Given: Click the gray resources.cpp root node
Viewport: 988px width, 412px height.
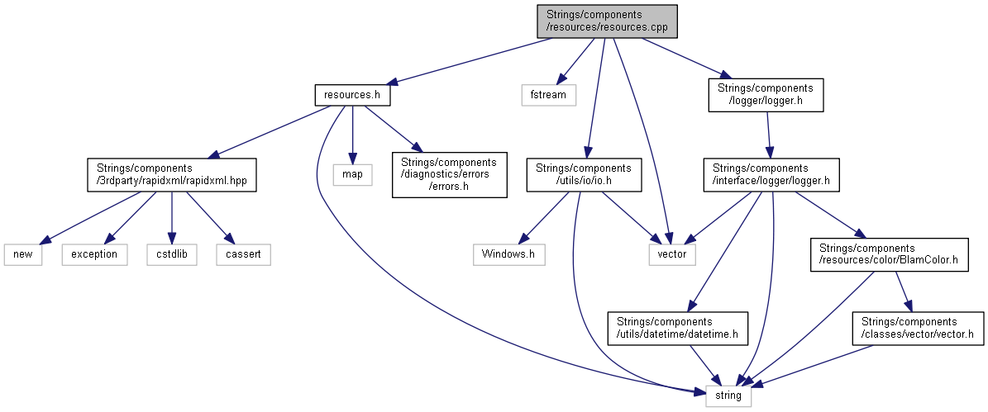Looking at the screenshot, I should coord(607,21).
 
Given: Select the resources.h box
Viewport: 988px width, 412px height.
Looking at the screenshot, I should coord(351,94).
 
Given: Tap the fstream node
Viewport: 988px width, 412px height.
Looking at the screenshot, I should coord(548,94).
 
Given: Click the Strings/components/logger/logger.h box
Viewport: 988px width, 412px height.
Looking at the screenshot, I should coord(766,95).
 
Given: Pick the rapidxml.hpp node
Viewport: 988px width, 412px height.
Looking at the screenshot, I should coord(171,174).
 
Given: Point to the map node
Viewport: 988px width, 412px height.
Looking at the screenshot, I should coord(353,174).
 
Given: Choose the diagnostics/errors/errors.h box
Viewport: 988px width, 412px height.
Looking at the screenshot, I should coord(449,174).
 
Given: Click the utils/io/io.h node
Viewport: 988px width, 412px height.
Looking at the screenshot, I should coord(584,174).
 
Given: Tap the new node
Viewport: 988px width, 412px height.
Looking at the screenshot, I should coord(23,254).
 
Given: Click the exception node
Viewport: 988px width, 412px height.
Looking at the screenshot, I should coord(94,254).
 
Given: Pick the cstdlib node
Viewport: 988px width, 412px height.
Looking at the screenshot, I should coord(171,254).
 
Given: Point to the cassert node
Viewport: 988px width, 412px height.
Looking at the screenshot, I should coord(243,254).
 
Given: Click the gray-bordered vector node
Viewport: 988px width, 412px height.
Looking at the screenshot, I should coord(671,254).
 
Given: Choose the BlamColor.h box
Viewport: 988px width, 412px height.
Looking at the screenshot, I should coord(888,254).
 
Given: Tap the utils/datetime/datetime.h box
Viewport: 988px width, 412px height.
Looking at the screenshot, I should coord(676,328).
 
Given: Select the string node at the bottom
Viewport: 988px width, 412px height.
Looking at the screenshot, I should coord(729,397).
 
